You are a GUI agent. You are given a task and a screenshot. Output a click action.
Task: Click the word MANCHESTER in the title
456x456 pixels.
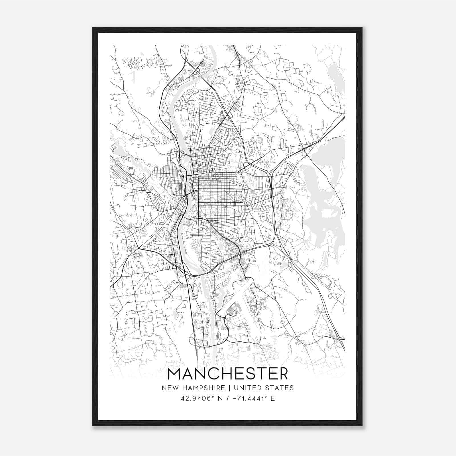click(228, 374)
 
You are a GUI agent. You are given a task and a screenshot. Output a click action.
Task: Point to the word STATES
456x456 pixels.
click(280, 388)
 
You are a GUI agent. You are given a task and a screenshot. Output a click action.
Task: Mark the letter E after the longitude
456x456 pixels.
click(273, 398)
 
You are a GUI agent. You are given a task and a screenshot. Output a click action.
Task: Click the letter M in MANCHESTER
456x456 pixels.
click(174, 374)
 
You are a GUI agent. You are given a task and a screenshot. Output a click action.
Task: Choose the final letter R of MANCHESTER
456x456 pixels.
click(283, 374)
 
